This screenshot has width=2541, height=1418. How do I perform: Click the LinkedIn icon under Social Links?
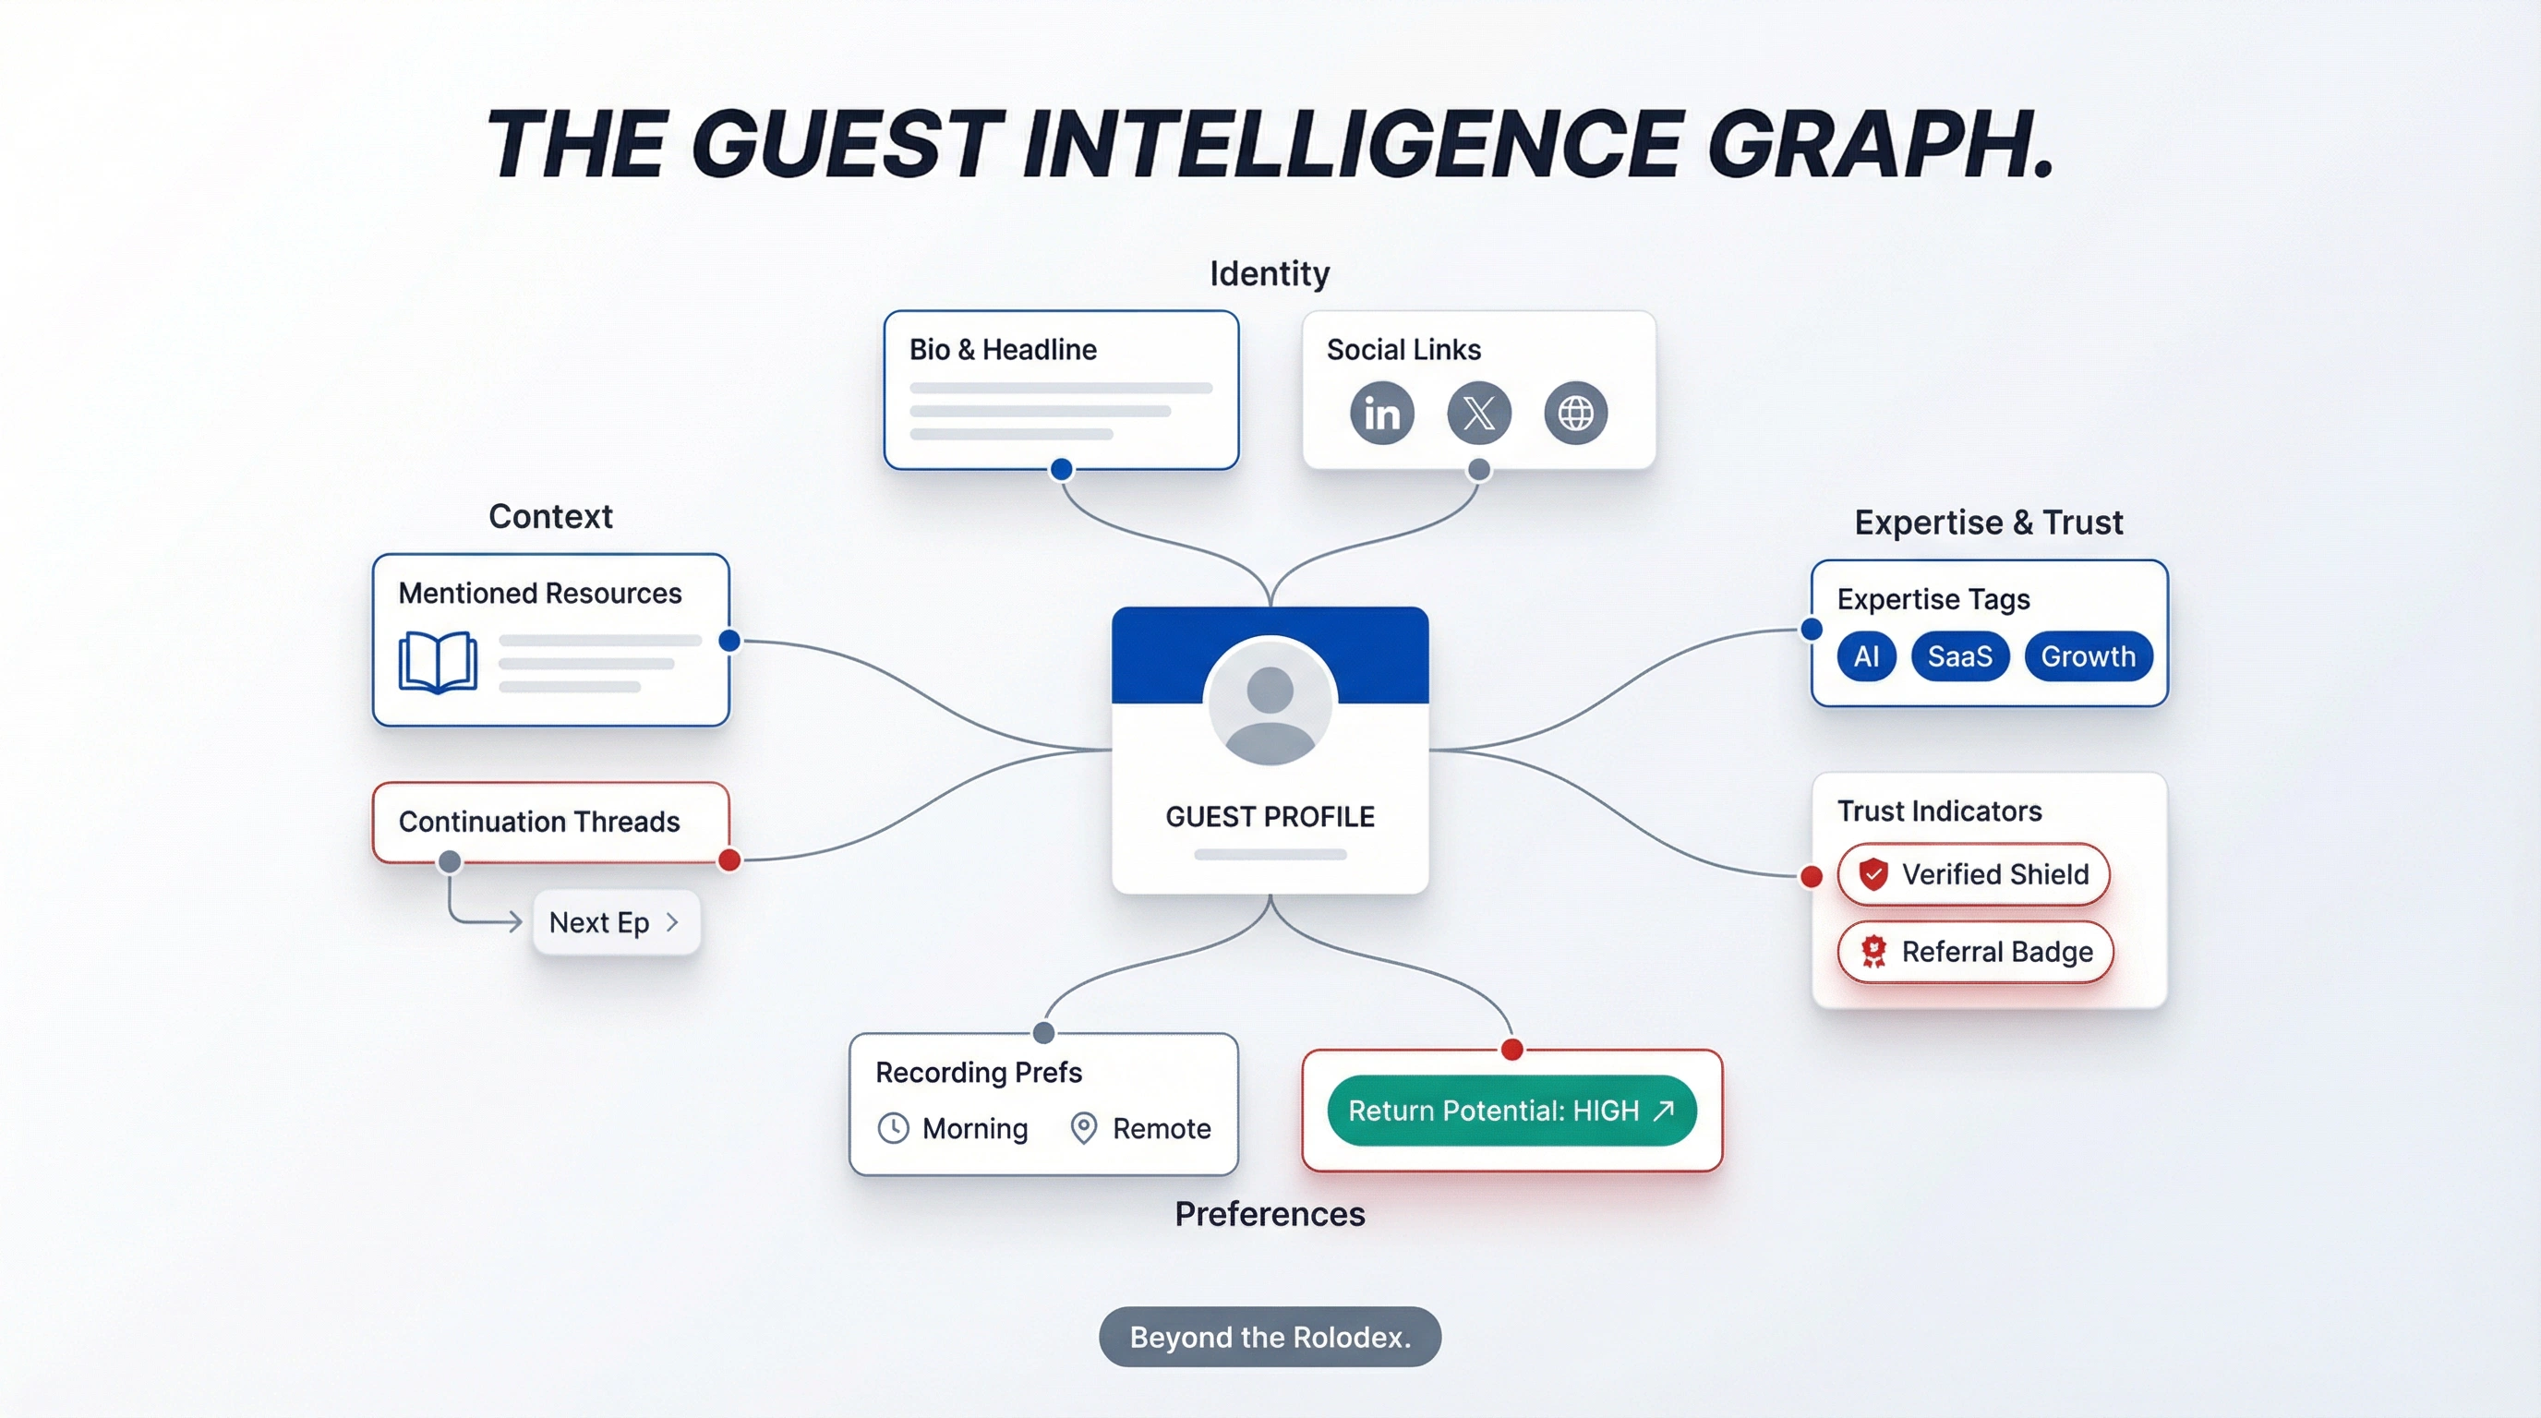[x=1381, y=414]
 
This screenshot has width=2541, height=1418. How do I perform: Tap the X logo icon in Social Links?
[x=1477, y=414]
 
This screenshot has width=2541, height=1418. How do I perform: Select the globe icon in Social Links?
[x=1575, y=414]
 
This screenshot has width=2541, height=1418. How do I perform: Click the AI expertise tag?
[x=1865, y=656]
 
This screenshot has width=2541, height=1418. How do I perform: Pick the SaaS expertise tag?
[x=1959, y=656]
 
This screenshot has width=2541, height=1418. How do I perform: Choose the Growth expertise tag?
[x=2088, y=656]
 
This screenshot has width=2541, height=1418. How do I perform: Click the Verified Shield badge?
[x=1973, y=874]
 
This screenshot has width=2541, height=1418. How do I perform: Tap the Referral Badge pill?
[x=1975, y=953]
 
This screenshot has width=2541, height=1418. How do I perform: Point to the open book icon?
[x=438, y=663]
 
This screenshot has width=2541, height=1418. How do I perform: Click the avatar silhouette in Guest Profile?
[x=1270, y=703]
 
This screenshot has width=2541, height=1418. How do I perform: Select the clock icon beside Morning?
[x=893, y=1128]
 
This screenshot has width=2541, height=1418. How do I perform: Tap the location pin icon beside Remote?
[x=1083, y=1128]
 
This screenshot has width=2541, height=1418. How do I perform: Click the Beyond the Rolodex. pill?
[x=1270, y=1337]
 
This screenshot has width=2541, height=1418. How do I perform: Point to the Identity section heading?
[x=1270, y=273]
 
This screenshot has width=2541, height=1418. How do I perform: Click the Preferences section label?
[x=1270, y=1214]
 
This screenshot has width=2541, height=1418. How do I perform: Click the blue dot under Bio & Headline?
[x=1062, y=469]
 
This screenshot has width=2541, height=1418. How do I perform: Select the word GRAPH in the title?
[x=1879, y=145]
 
